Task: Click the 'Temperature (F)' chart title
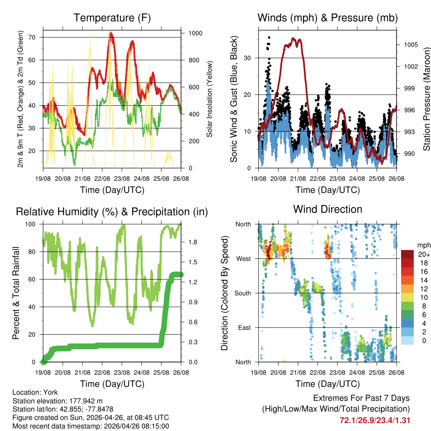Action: coord(112,18)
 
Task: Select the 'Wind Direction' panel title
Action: coord(327,209)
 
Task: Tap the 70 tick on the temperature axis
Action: coord(36,37)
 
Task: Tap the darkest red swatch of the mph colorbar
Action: coord(407,254)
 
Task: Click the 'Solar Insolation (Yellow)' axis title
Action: coord(209,99)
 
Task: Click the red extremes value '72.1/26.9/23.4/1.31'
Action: coord(375,420)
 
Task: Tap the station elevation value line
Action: coord(58,401)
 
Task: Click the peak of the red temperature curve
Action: coord(110,33)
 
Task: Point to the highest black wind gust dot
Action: coord(269,37)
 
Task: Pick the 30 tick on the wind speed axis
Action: coord(250,58)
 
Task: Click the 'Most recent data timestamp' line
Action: coord(90,426)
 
